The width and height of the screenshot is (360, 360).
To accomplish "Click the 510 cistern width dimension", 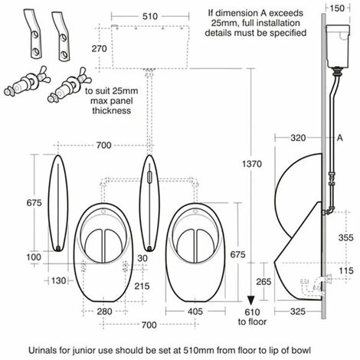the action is click(x=150, y=17).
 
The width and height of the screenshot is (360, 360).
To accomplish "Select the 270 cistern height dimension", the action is click(x=100, y=48).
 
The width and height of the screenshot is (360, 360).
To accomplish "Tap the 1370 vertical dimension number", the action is click(x=252, y=164).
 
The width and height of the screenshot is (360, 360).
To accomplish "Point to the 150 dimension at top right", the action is click(x=337, y=8).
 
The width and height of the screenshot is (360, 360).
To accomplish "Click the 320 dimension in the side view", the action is click(x=298, y=138).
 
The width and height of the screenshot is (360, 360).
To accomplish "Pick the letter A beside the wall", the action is click(x=340, y=138).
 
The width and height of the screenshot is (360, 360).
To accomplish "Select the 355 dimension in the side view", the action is click(x=346, y=237).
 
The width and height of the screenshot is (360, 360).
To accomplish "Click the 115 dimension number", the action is click(x=346, y=270).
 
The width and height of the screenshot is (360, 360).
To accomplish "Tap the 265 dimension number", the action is click(x=263, y=282).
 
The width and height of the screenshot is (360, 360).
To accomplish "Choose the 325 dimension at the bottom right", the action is click(x=298, y=312).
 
